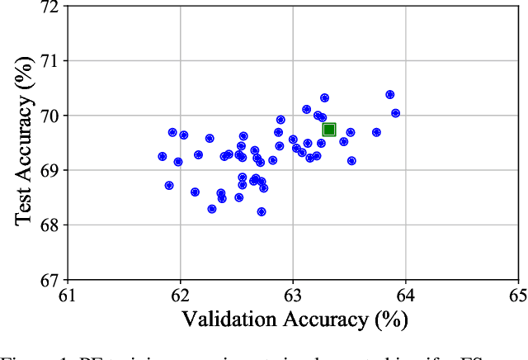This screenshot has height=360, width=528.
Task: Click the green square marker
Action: tap(329, 130)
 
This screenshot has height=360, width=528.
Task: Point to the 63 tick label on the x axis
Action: tap(292, 296)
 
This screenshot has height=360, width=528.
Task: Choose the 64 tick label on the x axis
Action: tap(404, 296)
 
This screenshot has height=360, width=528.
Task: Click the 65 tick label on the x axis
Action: tap(516, 296)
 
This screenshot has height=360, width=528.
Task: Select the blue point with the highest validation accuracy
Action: tap(395, 113)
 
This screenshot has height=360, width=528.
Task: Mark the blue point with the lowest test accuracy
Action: tap(262, 211)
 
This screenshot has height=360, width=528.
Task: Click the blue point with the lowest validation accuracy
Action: tap(163, 156)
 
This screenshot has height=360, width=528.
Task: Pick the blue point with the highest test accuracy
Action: tap(389, 95)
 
